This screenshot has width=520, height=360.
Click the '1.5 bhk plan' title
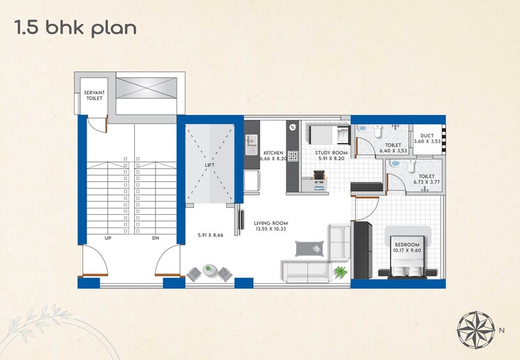(x=75, y=29)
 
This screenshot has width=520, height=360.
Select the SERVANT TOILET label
(x=94, y=96)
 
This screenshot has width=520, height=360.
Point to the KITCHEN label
(x=272, y=153)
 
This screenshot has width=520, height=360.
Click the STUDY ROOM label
(x=330, y=153)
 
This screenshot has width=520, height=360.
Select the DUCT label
(x=426, y=136)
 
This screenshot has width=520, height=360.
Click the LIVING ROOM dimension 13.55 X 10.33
(x=272, y=230)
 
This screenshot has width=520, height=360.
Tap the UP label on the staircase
(x=108, y=238)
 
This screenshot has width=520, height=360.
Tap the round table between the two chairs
(x=210, y=269)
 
